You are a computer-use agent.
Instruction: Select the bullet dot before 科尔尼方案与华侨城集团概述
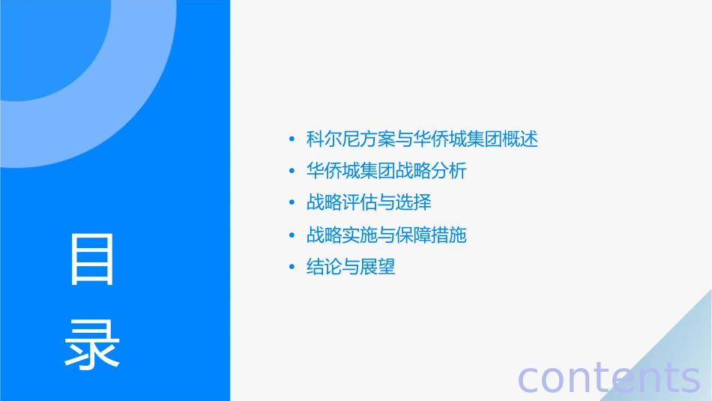[292, 139]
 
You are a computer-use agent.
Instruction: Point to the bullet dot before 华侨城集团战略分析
[292, 172]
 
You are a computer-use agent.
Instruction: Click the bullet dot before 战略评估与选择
[292, 203]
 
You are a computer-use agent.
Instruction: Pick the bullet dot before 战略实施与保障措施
[292, 236]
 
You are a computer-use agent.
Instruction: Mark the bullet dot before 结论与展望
[292, 268]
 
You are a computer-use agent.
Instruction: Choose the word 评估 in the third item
[360, 203]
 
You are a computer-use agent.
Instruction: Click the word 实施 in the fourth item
[360, 235]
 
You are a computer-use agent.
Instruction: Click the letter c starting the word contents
[530, 379]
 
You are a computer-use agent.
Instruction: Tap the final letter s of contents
[690, 379]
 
